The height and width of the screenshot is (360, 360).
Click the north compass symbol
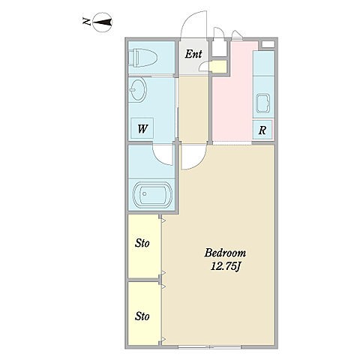(103, 22)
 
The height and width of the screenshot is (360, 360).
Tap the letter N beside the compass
(86, 22)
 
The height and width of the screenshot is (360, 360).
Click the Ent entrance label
(193, 54)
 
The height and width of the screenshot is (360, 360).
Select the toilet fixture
(142, 58)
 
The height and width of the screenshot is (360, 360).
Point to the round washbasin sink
(137, 89)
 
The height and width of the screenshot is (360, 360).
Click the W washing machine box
(142, 128)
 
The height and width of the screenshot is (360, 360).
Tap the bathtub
(152, 194)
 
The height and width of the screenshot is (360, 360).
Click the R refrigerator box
(262, 130)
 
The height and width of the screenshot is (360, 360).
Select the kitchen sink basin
(263, 103)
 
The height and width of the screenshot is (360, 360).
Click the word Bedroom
(225, 253)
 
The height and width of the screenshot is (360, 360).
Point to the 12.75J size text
(225, 267)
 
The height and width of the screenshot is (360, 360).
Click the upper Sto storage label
(142, 243)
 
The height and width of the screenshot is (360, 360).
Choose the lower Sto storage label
(142, 316)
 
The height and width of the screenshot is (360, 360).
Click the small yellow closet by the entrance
(218, 67)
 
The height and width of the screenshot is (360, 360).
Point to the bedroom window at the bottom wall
(209, 346)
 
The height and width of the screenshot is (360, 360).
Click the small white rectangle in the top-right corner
(268, 44)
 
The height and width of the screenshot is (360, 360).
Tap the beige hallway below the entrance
(193, 110)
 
